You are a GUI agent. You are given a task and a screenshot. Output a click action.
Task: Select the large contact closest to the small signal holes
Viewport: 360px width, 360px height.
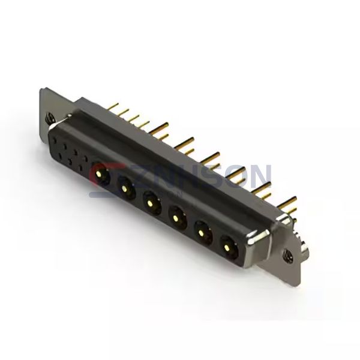(100, 175)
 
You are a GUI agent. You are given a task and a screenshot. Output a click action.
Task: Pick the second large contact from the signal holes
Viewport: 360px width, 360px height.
(124, 189)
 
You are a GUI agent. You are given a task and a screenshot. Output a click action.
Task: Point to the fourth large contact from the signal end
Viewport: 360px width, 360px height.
(176, 217)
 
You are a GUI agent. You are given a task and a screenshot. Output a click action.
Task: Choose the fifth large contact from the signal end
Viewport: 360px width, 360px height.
(202, 231)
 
